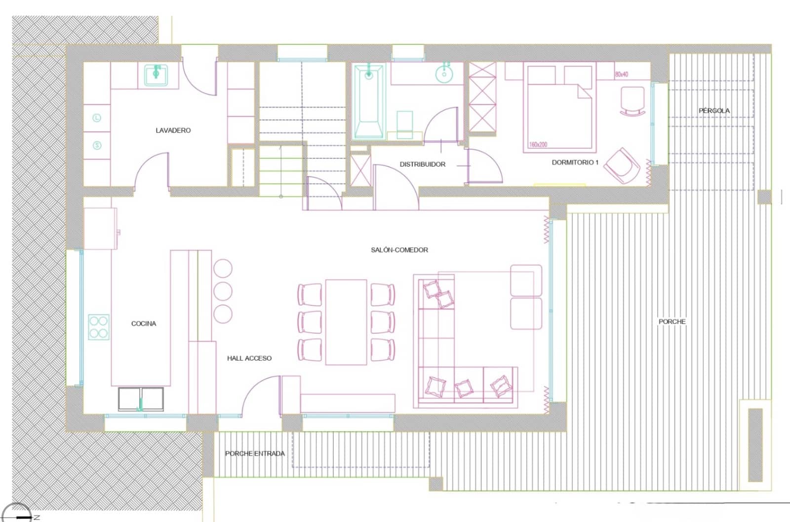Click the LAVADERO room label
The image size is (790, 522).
pos(173,130)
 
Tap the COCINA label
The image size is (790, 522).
pos(143,323)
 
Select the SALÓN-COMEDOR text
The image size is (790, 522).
pos(399,250)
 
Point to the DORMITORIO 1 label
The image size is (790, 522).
pos(575,162)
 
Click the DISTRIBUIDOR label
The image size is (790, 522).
pos(423,164)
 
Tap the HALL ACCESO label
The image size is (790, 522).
pos(249,358)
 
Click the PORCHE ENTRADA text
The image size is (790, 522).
pos(255,453)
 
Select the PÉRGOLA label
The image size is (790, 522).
pos(714,111)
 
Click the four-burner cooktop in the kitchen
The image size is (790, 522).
pos(99,327)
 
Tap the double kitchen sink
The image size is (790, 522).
pos(141,399)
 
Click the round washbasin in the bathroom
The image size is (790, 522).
pos(444,74)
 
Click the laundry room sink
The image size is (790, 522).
pos(156,76)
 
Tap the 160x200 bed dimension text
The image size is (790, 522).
pos(538,145)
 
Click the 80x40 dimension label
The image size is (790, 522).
pos(622,75)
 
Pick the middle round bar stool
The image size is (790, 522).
pos(223,291)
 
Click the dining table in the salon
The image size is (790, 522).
pos(346,322)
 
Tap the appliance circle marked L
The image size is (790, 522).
pos(97,118)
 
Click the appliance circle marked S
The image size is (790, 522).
pos(97,145)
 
